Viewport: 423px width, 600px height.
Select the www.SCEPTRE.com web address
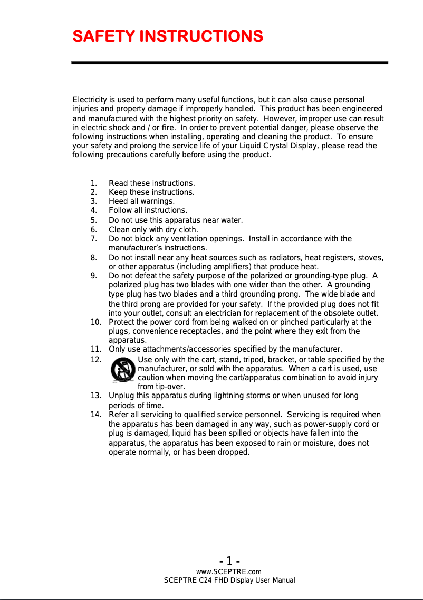(228, 572)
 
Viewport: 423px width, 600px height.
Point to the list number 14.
(96, 415)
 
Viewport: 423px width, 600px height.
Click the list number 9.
(93, 276)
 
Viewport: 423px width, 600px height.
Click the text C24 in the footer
(207, 580)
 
